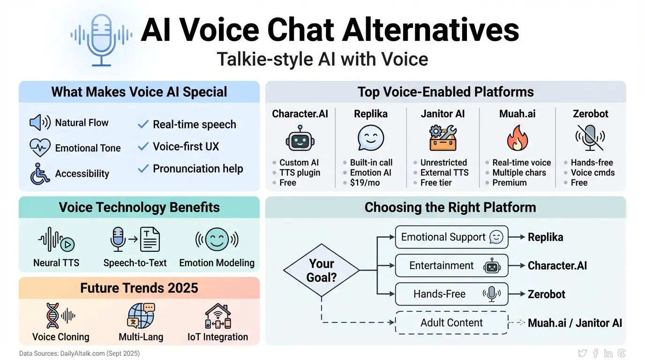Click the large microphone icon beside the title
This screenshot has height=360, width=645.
[101, 39]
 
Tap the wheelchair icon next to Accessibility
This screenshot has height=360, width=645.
[40, 173]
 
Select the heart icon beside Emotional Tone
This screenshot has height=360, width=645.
[40, 148]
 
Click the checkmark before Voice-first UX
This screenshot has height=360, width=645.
[143, 147]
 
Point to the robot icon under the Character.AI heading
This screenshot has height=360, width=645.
[300, 138]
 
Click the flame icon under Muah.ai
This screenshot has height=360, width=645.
[517, 138]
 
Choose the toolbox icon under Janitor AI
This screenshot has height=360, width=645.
[442, 138]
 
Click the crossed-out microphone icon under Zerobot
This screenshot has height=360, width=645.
[590, 137]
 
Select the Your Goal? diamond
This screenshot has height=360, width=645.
[322, 270]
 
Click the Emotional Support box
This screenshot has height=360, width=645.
[451, 237]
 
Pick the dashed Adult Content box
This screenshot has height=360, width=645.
[451, 322]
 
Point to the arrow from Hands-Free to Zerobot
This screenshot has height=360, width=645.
[517, 294]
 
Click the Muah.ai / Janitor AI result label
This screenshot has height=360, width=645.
[575, 323]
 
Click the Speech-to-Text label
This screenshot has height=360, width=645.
[135, 263]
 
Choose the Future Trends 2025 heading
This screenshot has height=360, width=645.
[139, 287]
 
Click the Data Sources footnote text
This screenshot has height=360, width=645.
[80, 353]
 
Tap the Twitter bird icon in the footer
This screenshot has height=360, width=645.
[582, 353]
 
